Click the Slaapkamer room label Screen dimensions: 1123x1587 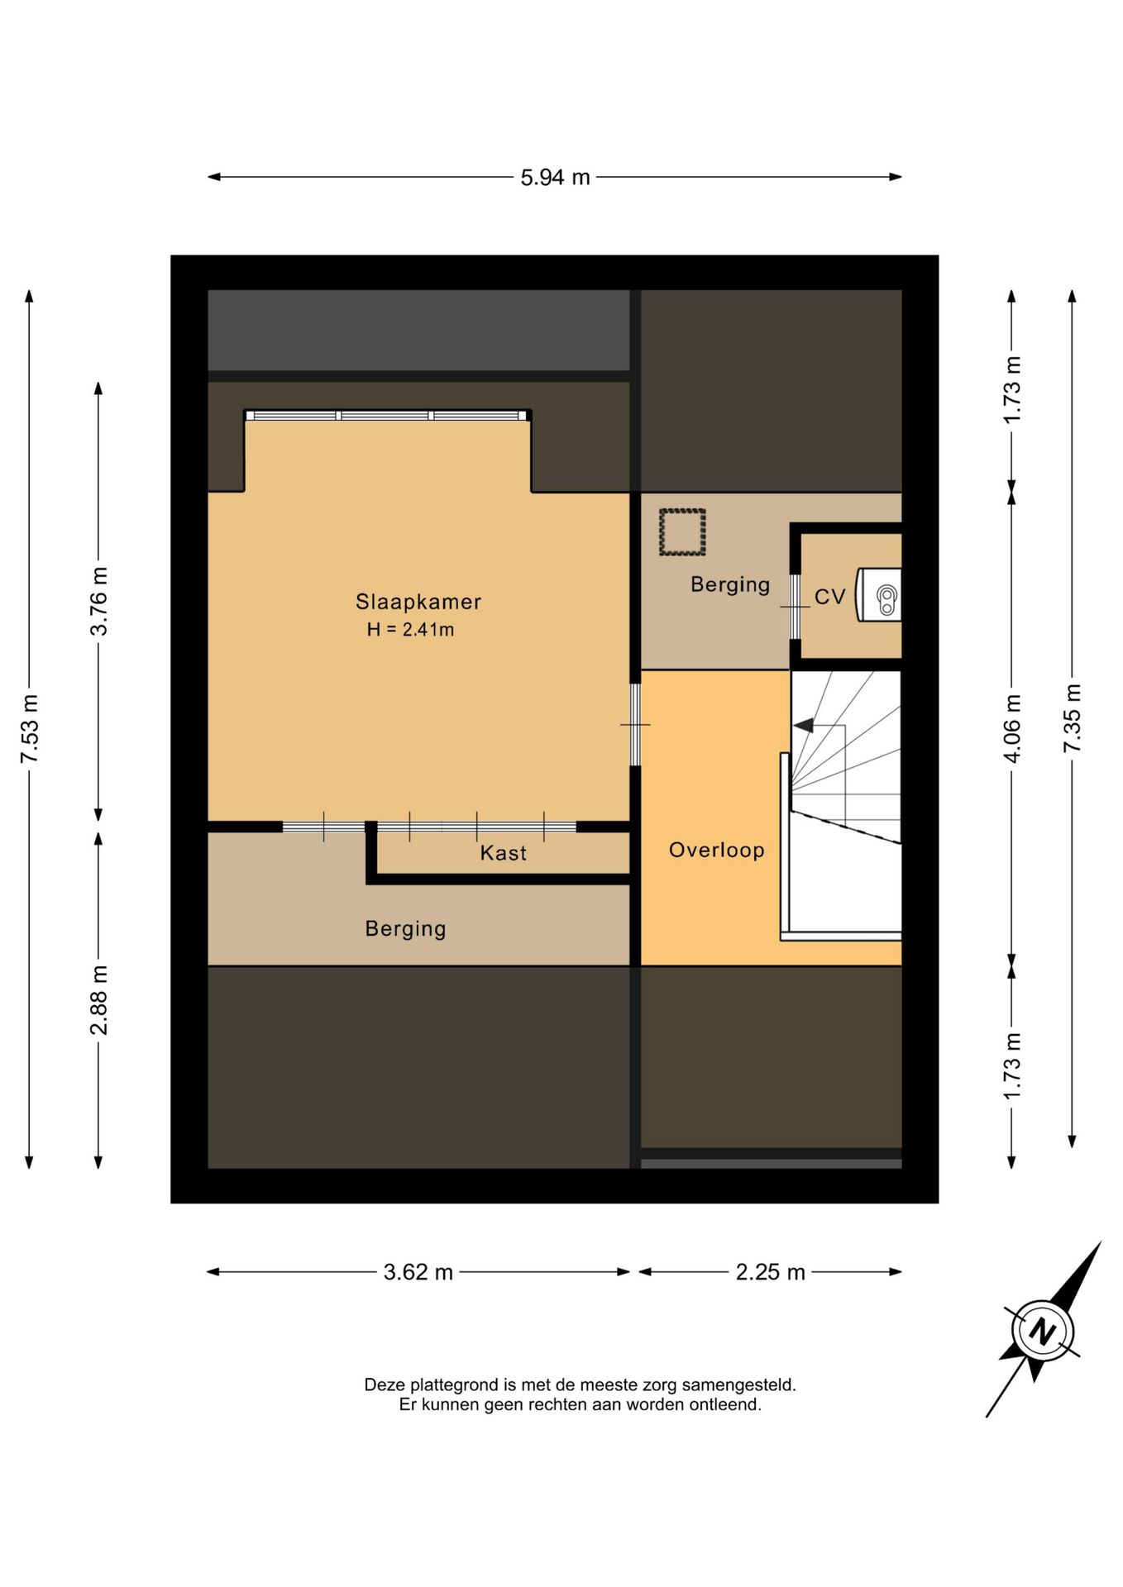pos(418,602)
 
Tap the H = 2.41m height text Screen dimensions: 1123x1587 pos(411,630)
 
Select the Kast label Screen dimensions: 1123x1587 pos(504,853)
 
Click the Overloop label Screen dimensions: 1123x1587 pos(717,851)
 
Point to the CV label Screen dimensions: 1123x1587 pos(830,597)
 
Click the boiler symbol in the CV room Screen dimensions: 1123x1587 pos(879,594)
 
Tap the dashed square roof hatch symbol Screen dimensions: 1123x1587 pos(682,532)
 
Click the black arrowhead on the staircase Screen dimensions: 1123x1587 pos(803,726)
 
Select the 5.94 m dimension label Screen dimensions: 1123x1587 pos(555,178)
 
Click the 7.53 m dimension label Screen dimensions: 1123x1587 pos(29,729)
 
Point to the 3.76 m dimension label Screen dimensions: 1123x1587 pos(98,601)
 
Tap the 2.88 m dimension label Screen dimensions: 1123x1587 pos(98,1000)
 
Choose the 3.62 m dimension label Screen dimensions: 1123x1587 pos(418,1272)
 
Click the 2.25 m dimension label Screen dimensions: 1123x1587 pos(771,1272)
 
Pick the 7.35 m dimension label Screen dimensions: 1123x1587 pos(1073,718)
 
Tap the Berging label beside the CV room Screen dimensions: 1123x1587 pos(730,585)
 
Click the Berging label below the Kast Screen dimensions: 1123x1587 pos(405,929)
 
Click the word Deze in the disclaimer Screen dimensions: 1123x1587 pos(385,1384)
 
